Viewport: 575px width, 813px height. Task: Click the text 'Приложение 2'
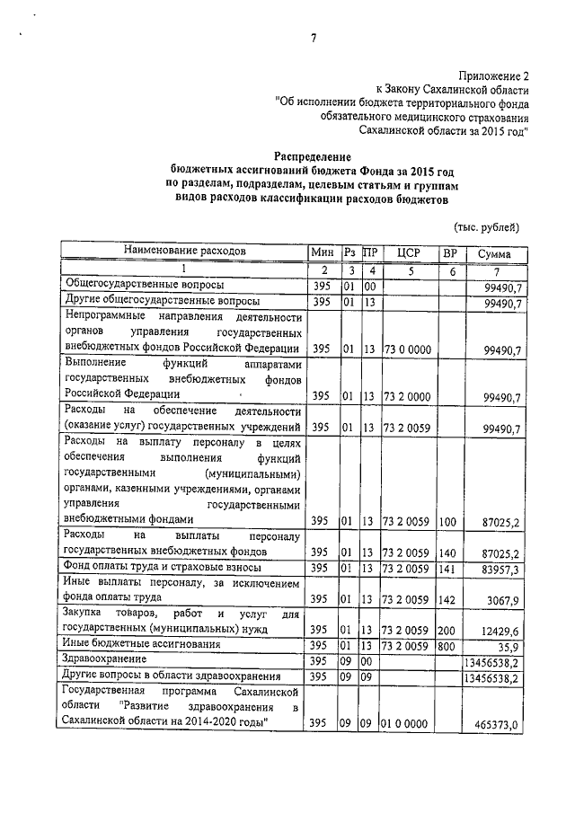(492, 77)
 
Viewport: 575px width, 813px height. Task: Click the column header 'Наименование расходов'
(184, 252)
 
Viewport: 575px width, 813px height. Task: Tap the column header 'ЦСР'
(409, 253)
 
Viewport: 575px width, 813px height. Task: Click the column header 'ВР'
(450, 253)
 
